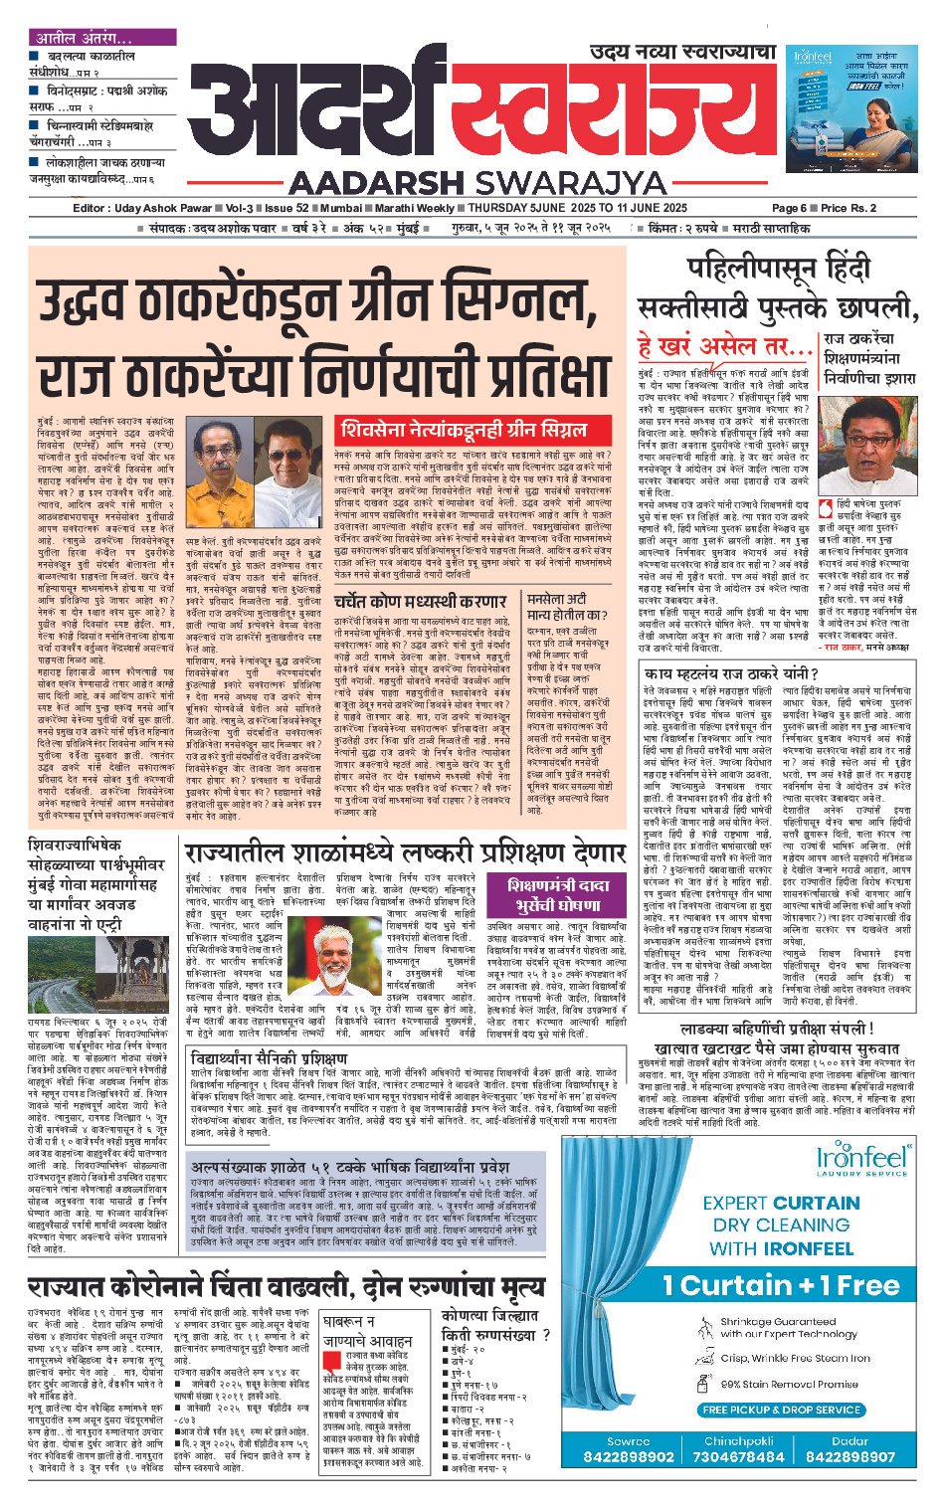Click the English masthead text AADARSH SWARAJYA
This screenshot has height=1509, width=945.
click(x=478, y=183)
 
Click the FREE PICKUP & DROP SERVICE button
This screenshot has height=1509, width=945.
click(x=781, y=1410)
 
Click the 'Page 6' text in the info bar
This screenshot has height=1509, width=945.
click(x=789, y=208)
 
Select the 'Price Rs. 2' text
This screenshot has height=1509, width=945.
click(x=849, y=208)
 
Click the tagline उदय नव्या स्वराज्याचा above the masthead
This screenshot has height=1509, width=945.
click(x=681, y=52)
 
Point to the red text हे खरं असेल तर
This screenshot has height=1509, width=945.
click(x=725, y=348)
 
